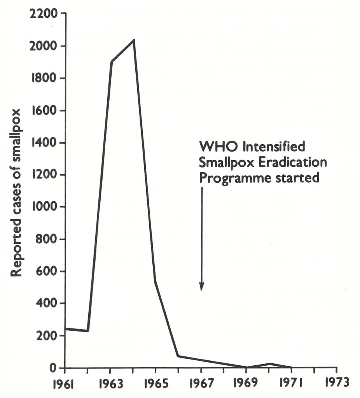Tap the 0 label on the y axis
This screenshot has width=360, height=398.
click(54, 368)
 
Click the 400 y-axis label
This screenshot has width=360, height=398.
click(45, 304)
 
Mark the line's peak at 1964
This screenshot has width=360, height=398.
click(134, 40)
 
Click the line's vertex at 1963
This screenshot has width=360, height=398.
click(111, 62)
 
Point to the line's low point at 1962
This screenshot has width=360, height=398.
click(88, 331)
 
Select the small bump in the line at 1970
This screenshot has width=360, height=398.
click(269, 364)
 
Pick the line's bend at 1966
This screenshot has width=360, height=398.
click(178, 356)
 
